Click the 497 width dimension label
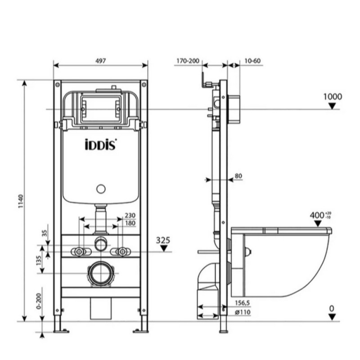100,61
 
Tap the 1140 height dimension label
21,201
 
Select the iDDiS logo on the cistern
101,144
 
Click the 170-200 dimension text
188,61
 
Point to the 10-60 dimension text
252,61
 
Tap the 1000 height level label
333,97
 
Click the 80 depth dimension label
238,176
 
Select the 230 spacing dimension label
130,216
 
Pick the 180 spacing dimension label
130,223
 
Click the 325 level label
163,240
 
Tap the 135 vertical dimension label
39,261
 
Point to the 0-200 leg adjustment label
39,301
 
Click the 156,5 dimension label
242,303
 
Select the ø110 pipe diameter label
243,312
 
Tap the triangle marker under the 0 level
332,317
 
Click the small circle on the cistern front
101,189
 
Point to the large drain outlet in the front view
101,274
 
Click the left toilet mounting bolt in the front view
79,252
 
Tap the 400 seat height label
317,216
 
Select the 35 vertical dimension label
45,233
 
